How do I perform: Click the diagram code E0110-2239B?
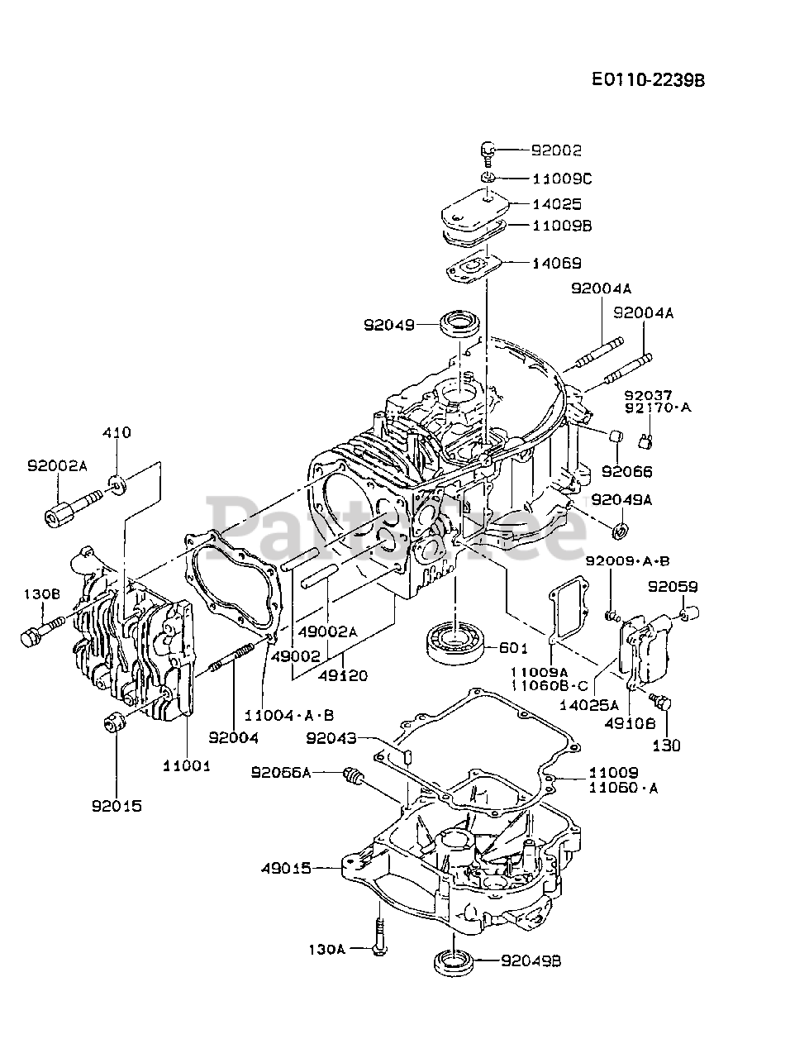click(648, 80)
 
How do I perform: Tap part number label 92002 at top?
click(556, 151)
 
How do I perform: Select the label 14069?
click(556, 263)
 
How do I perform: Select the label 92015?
click(117, 806)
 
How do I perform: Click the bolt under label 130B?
click(42, 630)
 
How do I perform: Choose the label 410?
click(117, 432)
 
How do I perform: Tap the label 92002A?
click(57, 466)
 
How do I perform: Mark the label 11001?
click(187, 766)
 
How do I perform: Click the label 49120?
click(343, 675)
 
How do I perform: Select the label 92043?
click(331, 738)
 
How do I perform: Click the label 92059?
click(673, 587)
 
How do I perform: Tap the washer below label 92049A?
click(620, 530)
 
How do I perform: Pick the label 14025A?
click(589, 705)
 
